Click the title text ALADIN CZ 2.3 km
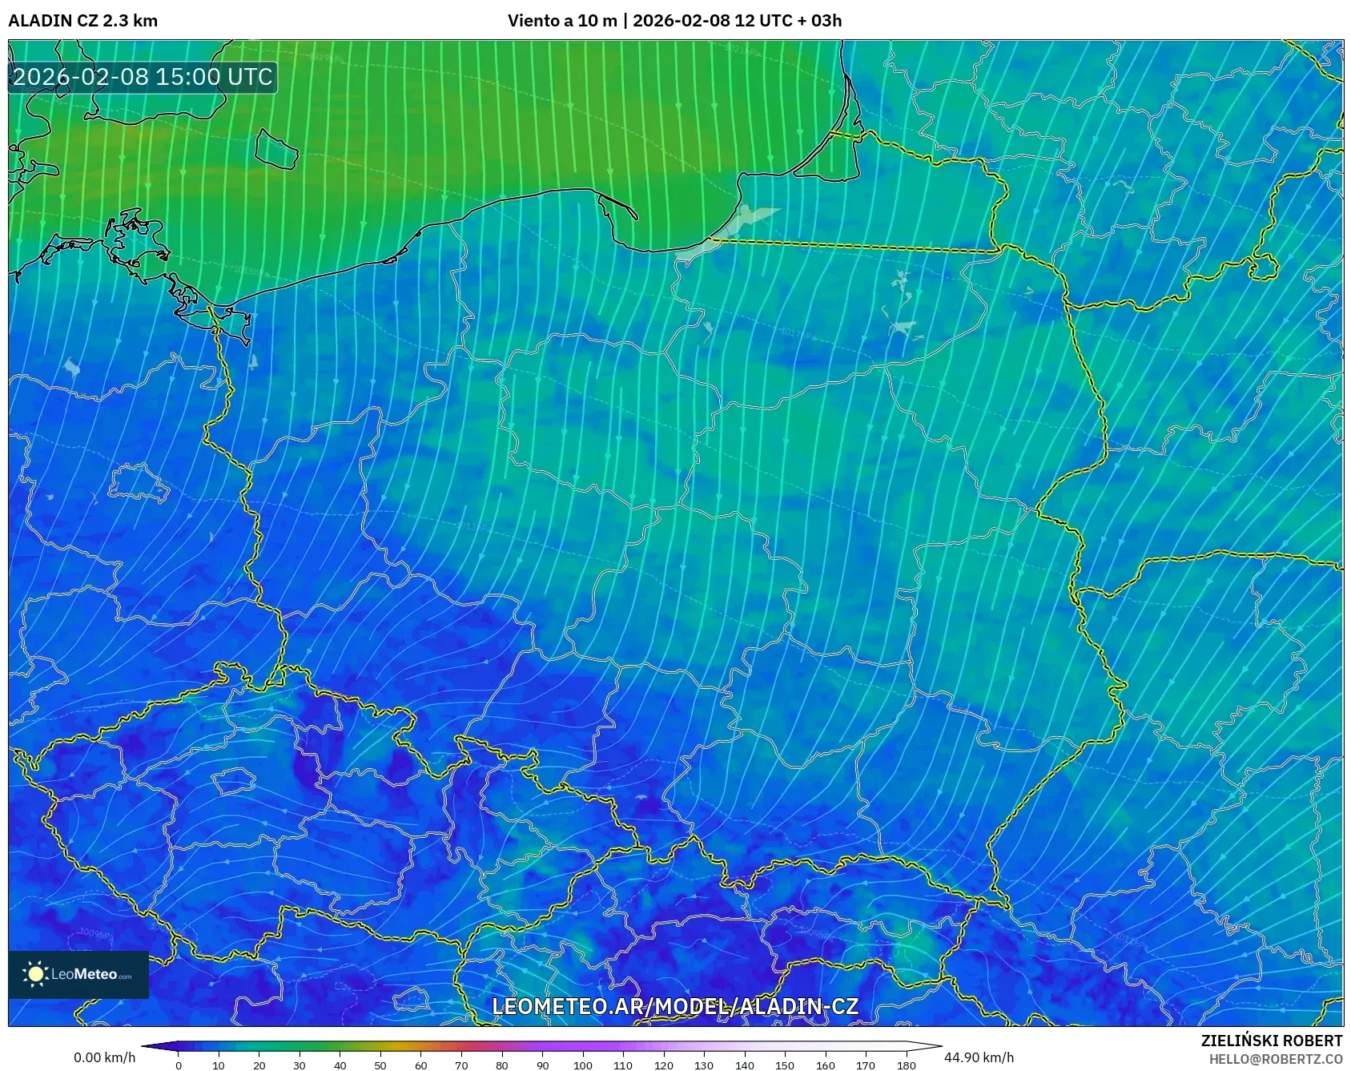coord(82,21)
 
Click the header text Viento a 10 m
coord(562,21)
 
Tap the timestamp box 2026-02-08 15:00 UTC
coord(143,77)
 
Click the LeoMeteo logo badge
coord(78,974)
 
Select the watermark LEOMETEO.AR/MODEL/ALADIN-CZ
coord(675,1007)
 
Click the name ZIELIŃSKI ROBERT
coord(1271,1041)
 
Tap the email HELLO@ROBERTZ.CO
coord(1275,1059)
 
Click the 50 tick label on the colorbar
coord(380,1065)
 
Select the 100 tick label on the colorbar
coord(582,1065)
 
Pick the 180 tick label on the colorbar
coord(906,1065)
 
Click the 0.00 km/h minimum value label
coord(105,1057)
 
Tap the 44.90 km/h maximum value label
coord(979,1057)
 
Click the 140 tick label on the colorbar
coord(744,1065)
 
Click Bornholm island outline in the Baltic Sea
coord(276,150)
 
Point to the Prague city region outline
coord(233,780)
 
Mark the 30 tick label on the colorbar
coord(300,1065)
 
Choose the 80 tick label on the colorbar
coord(501,1065)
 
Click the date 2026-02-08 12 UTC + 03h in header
coord(737,21)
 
